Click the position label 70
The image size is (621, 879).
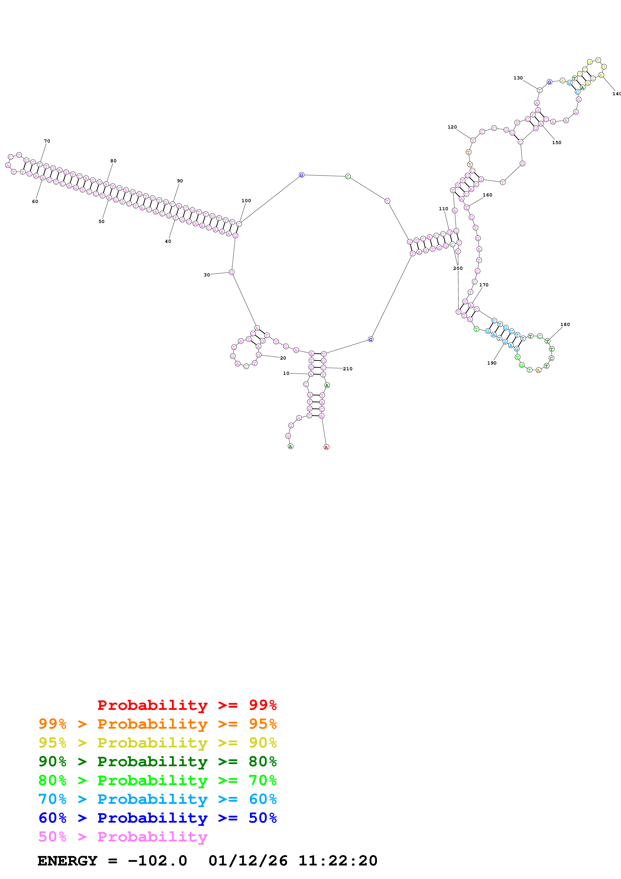click(x=47, y=141)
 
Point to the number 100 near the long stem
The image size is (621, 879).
click(x=246, y=201)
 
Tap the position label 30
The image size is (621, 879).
click(x=207, y=275)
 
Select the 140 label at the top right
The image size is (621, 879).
click(x=616, y=94)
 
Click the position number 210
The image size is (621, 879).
click(x=347, y=369)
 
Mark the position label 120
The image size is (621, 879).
click(x=452, y=127)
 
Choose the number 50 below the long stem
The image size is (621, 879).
click(x=101, y=221)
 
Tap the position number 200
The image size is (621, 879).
click(x=458, y=268)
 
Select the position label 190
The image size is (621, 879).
click(x=492, y=363)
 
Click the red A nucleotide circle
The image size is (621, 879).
click(x=326, y=447)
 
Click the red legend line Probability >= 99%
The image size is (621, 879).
click(x=187, y=705)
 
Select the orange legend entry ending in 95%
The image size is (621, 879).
click(x=157, y=724)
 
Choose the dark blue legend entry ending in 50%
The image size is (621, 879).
click(x=157, y=818)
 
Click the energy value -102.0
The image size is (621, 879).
click(x=157, y=861)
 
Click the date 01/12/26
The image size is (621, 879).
click(x=248, y=861)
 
